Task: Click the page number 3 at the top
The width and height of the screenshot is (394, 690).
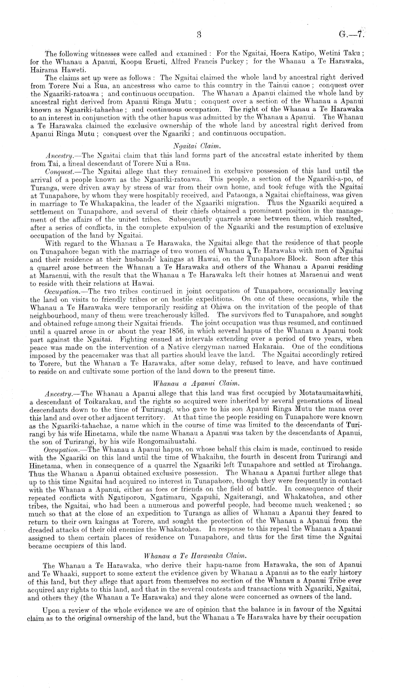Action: click(x=199, y=35)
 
